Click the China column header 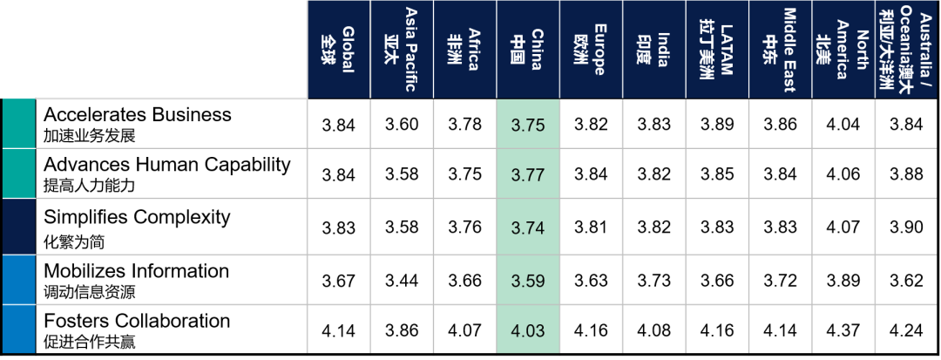coord(528,50)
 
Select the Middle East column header coord(780,50)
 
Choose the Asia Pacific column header coord(402,50)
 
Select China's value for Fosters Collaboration coord(528,331)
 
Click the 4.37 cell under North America coord(843,331)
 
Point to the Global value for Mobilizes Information coord(339,281)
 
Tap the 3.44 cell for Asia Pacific coord(402,281)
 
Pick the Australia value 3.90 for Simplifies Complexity coord(906,228)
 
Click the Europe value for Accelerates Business coord(592,125)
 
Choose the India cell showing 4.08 coord(654,331)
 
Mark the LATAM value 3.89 coord(717,125)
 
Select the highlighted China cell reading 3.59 coord(528,281)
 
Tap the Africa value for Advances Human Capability coord(464,174)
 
